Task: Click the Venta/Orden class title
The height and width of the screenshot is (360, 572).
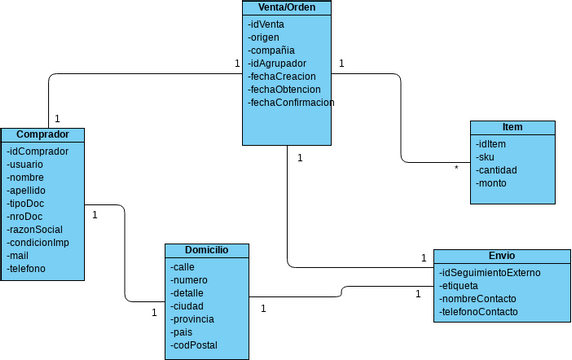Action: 286,8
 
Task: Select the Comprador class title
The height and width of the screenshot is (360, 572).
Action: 42,134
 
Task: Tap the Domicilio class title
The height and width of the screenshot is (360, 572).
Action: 207,249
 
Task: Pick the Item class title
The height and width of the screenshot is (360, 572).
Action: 512,127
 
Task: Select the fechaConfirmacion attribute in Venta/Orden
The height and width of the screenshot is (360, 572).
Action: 291,102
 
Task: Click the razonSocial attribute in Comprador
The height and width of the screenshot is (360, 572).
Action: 35,229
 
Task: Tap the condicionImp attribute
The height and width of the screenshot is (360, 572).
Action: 38,242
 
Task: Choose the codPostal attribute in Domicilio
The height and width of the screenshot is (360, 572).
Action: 195,345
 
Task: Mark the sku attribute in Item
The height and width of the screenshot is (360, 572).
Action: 486,157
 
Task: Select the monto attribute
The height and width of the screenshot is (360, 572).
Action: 492,183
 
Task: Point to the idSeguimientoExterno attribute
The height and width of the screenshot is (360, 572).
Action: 490,273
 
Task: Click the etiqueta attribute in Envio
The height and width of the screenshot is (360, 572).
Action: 459,286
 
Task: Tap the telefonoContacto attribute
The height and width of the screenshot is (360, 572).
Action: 479,312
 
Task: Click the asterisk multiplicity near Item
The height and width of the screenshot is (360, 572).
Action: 456,168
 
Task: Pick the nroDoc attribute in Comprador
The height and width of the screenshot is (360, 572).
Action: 26,216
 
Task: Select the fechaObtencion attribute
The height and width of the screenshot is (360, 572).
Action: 284,89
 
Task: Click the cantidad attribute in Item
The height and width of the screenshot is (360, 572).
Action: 496,170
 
